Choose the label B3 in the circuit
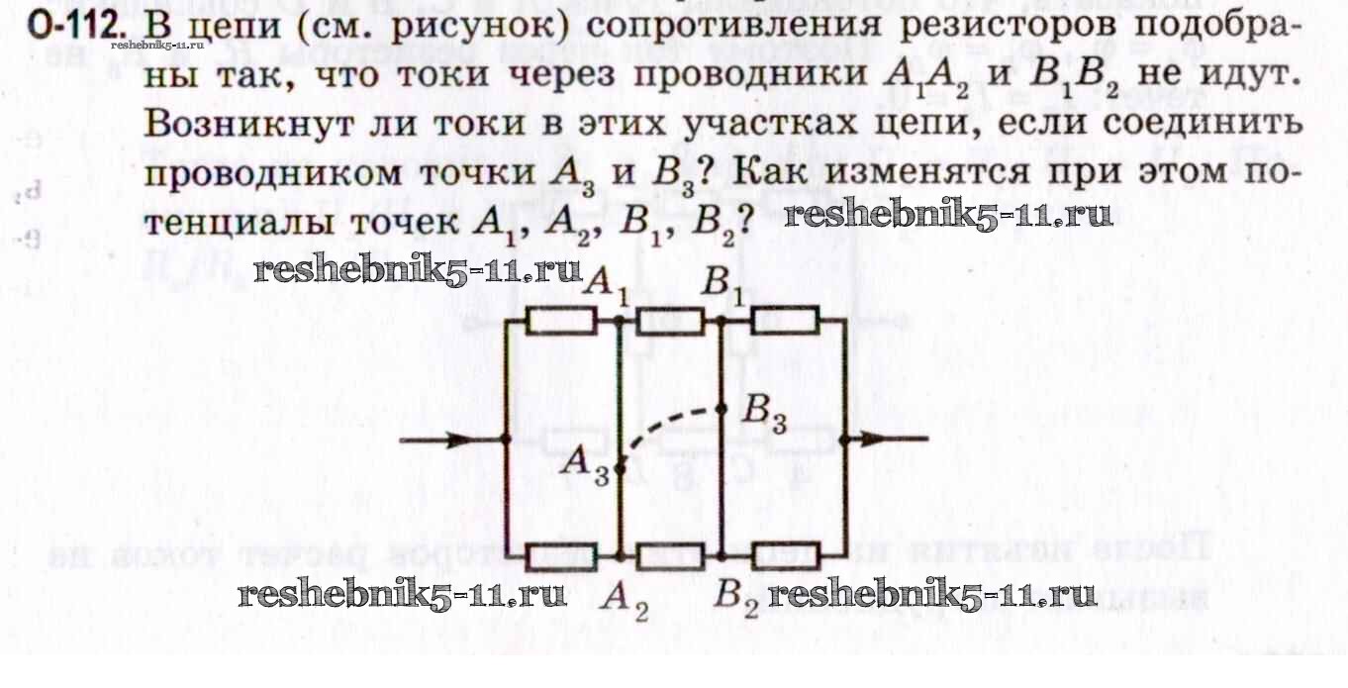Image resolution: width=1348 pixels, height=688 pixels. point(764,414)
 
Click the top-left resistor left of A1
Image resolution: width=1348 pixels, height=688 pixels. point(560,321)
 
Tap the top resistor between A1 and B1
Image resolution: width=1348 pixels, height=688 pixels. point(670,321)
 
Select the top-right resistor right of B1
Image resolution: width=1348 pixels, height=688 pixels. point(785,321)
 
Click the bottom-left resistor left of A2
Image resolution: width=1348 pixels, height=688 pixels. point(560,557)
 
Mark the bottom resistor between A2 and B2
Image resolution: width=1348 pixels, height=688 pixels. point(670,557)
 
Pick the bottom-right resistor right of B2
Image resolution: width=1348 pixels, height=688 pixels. point(785,557)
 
